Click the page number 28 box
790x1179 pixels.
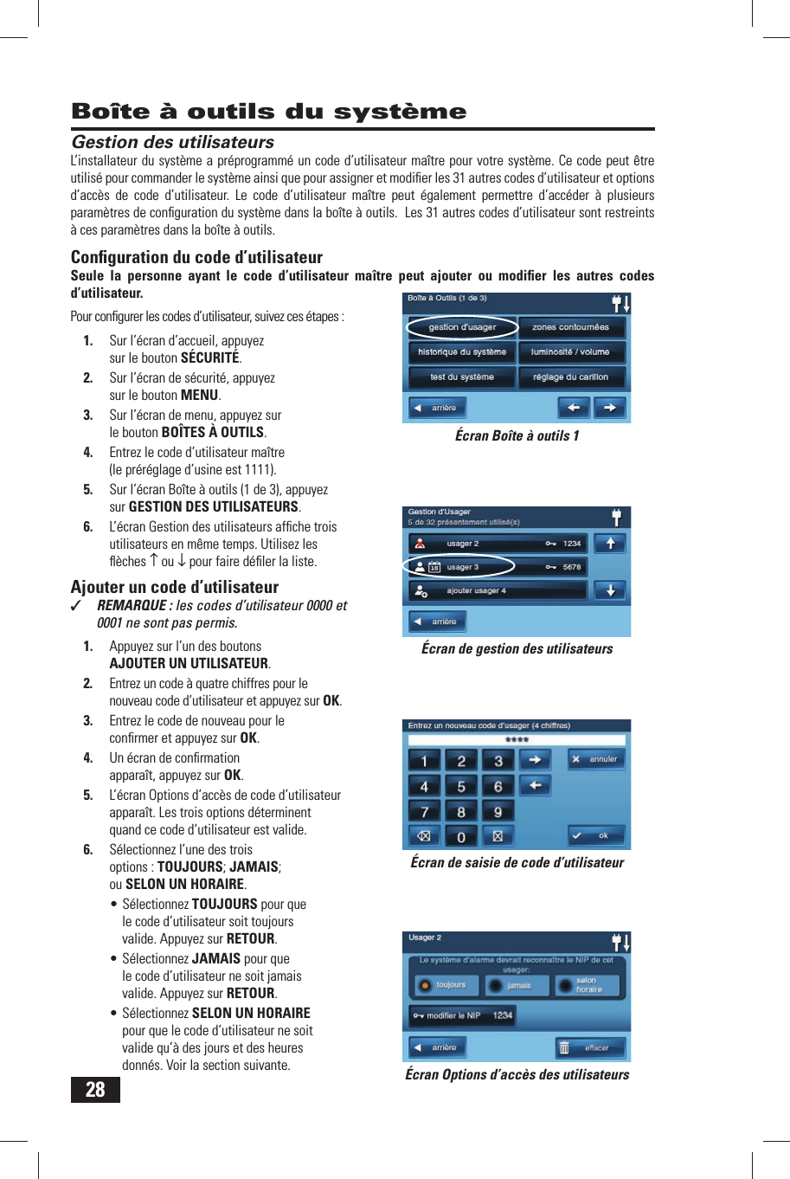click(95, 1089)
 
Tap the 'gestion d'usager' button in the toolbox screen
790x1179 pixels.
click(462, 327)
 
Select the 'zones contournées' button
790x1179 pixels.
click(571, 327)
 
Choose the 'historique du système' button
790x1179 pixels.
click(462, 352)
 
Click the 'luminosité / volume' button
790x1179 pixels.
click(571, 352)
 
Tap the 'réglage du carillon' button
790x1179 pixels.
click(571, 377)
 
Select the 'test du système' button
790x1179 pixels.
click(462, 377)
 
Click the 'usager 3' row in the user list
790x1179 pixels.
click(498, 567)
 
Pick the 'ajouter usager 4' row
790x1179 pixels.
click(498, 591)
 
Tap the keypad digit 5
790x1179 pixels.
click(461, 787)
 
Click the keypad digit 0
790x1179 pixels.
click(461, 837)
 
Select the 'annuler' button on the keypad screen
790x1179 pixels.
click(594, 759)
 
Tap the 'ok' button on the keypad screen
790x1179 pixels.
click(594, 835)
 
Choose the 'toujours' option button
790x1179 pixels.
click(444, 985)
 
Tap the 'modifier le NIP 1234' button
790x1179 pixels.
click(463, 1015)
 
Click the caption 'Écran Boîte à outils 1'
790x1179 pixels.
click(517, 435)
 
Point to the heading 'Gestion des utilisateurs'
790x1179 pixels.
click(172, 142)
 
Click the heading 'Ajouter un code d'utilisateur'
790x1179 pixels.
click(175, 587)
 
